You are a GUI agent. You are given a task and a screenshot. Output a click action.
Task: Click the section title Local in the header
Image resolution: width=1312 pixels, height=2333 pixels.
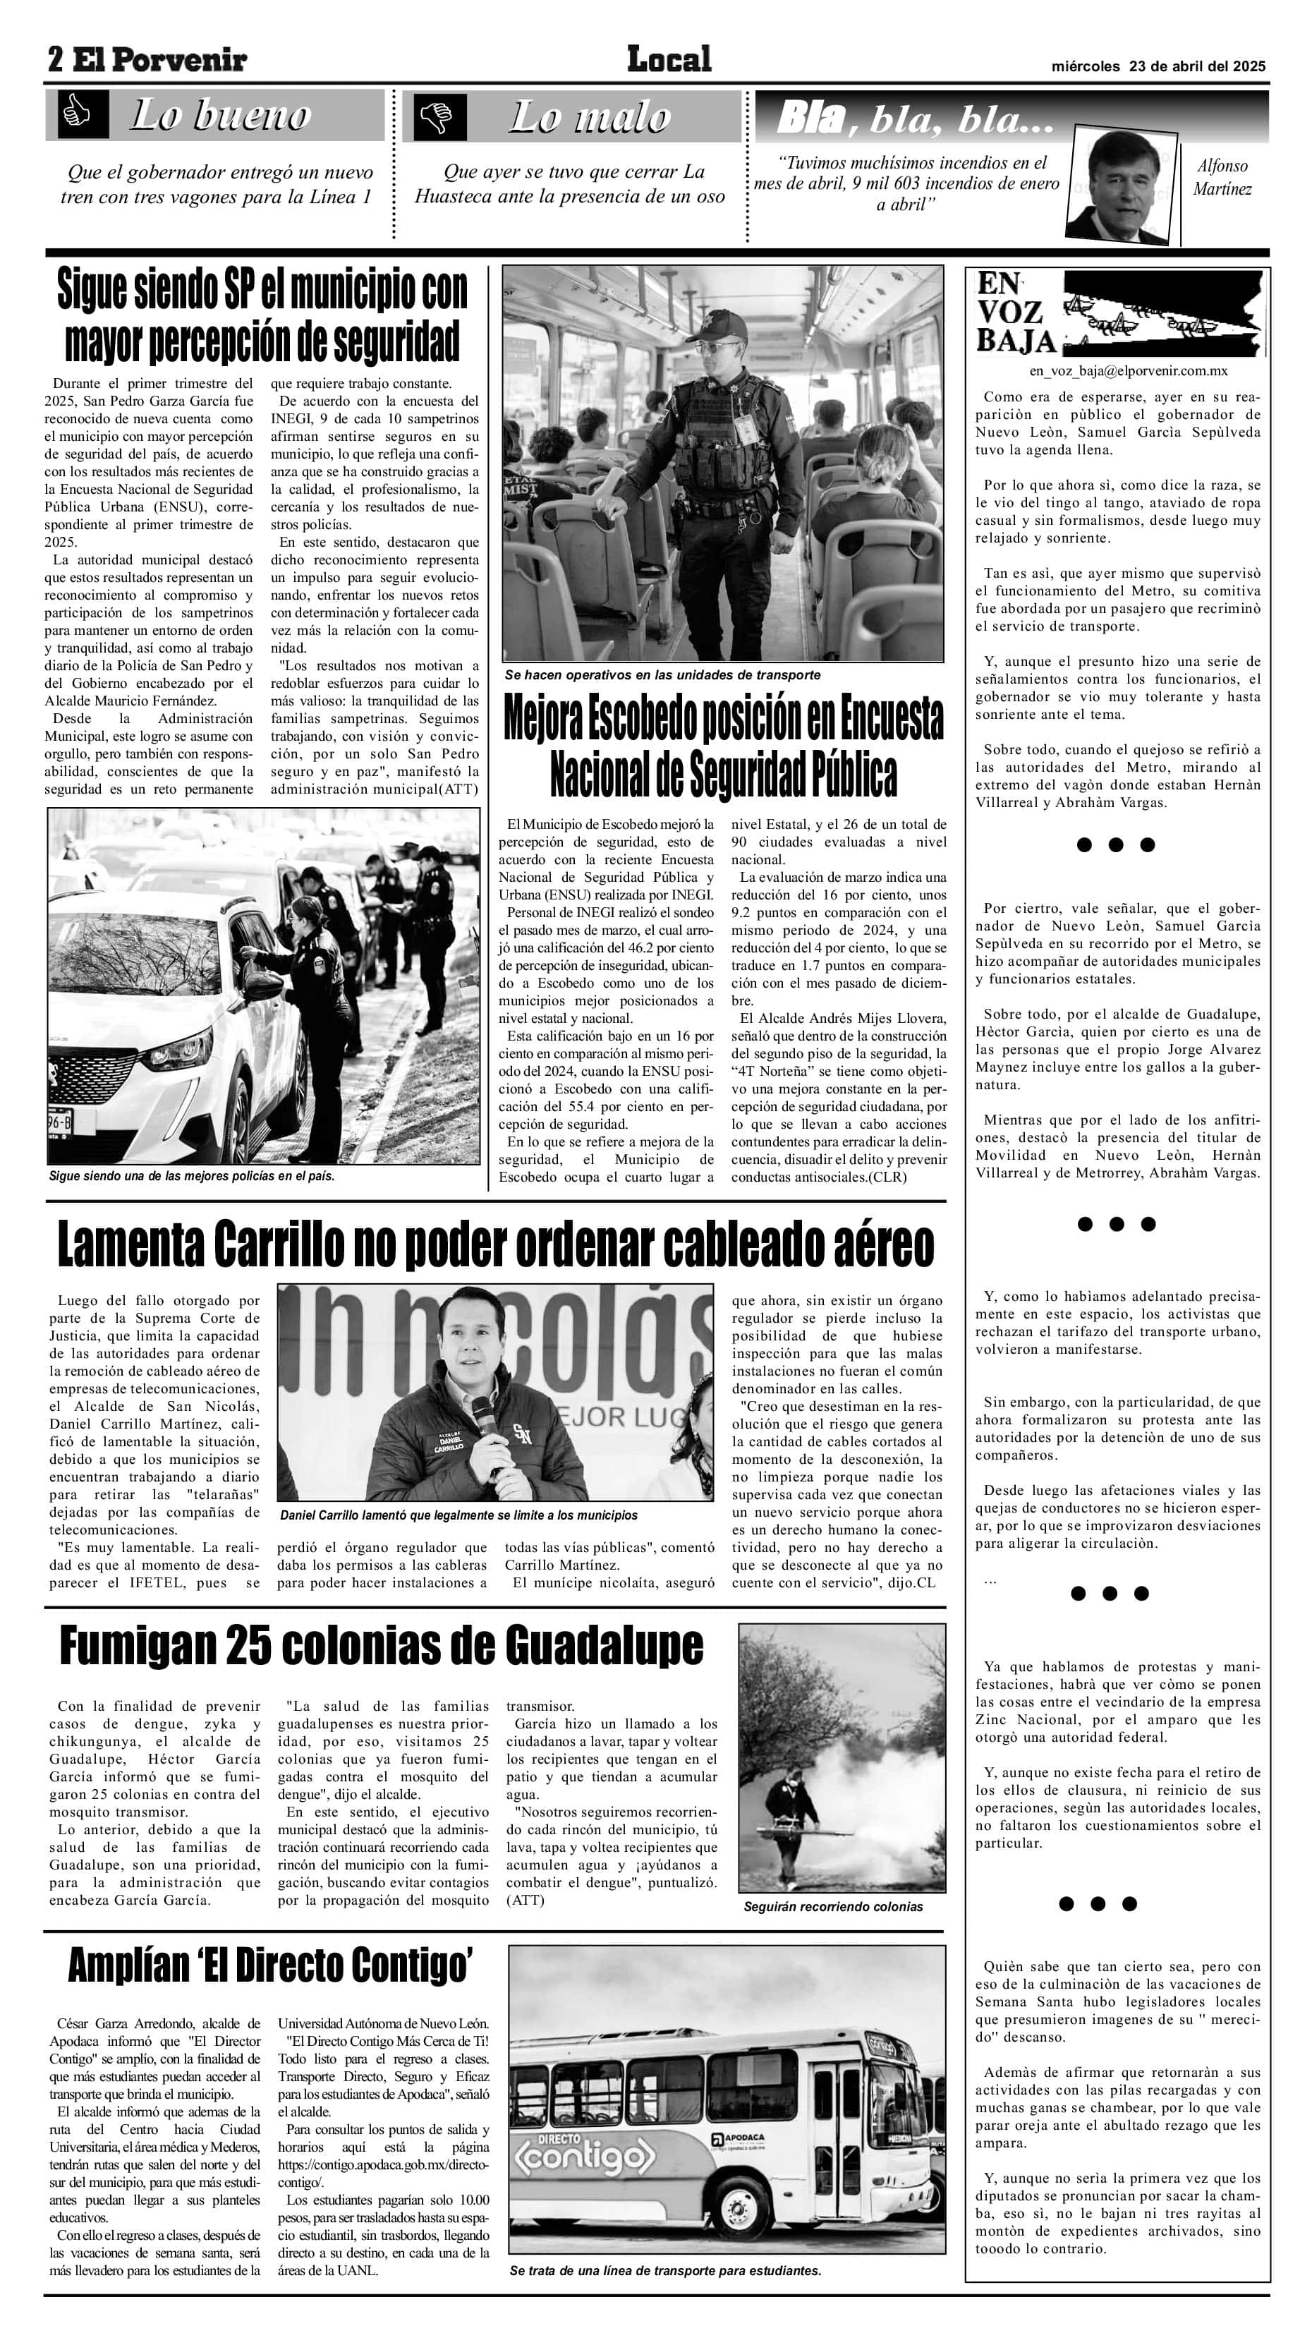[669, 60]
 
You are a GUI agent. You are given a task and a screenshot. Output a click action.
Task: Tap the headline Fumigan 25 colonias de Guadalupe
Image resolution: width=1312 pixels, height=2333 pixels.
[381, 1646]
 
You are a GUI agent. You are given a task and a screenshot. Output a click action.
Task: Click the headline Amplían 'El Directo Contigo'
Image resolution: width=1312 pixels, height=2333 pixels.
[270, 1965]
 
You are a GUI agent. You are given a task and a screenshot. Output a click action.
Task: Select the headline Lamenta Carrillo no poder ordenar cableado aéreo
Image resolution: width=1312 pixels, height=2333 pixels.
[495, 1244]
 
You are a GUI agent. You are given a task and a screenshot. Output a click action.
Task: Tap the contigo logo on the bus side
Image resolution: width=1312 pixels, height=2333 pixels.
[584, 2158]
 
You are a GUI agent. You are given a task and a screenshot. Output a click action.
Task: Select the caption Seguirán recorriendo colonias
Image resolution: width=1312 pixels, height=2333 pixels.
[833, 1906]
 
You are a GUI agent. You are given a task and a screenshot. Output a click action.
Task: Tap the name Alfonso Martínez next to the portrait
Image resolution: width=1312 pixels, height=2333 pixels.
[1222, 178]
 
